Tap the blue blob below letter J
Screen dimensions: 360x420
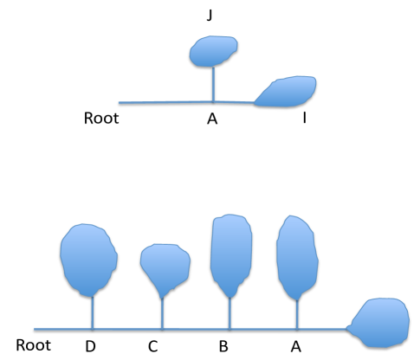tap(214, 52)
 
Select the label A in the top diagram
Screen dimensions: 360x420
tap(212, 119)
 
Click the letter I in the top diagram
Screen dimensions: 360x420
tap(304, 119)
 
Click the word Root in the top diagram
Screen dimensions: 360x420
tap(101, 119)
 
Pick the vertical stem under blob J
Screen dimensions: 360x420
tap(214, 85)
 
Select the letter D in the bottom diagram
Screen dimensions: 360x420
tap(92, 347)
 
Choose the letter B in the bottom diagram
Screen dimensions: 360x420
tap(223, 347)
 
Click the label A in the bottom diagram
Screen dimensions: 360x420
tap(295, 347)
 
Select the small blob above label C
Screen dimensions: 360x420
tap(162, 267)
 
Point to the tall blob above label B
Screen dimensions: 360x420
tap(230, 254)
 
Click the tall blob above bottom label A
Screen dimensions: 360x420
tap(298, 256)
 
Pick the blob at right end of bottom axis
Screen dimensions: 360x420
tap(383, 323)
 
